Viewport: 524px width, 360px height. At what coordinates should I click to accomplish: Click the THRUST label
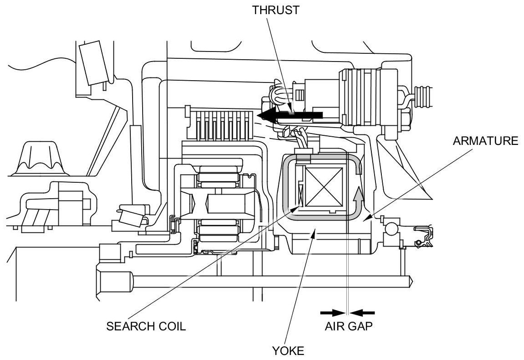tap(276, 10)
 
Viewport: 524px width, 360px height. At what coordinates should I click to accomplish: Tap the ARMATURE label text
tap(485, 141)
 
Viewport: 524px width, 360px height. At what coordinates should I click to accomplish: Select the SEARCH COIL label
tap(146, 326)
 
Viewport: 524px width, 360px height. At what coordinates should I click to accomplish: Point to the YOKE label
tap(288, 350)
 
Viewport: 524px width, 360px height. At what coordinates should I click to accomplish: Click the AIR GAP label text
tap(349, 326)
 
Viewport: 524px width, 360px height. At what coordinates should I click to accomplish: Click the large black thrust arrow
tap(290, 115)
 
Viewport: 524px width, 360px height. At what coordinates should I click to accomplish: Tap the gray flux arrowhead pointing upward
tap(358, 193)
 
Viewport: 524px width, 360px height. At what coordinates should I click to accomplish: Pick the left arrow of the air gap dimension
tap(333, 313)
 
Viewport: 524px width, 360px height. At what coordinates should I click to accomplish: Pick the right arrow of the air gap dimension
tap(362, 313)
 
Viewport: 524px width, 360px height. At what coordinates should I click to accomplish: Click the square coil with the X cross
tap(324, 186)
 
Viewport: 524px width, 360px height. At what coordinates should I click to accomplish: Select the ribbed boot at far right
tap(423, 97)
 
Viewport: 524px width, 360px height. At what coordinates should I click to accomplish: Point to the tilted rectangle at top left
tap(94, 63)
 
